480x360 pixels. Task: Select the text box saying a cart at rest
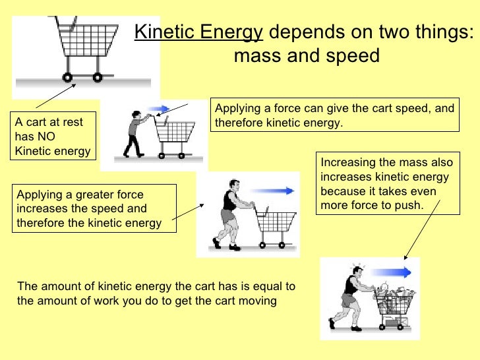(52, 136)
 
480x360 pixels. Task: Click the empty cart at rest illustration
(82, 46)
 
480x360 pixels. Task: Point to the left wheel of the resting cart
(69, 77)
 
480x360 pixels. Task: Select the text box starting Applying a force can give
(335, 115)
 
